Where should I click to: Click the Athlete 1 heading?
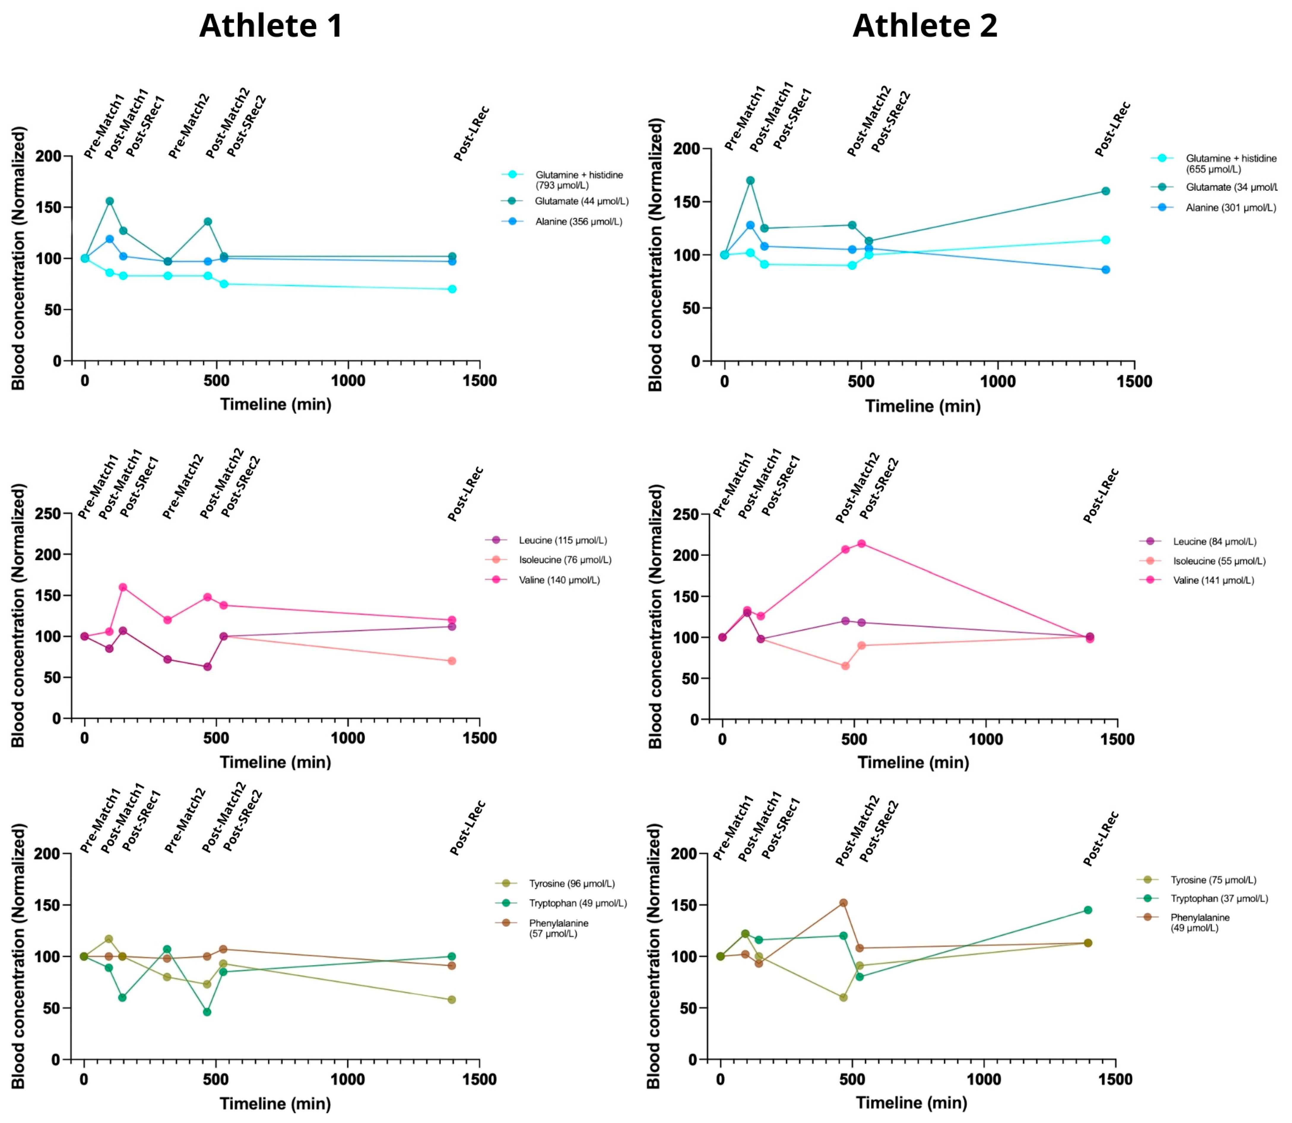pos(271,26)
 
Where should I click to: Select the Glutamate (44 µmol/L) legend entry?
pos(581,201)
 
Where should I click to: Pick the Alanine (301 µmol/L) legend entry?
pos(1230,207)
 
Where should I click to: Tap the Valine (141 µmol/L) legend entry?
pos(1213,580)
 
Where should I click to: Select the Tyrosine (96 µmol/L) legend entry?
pos(571,884)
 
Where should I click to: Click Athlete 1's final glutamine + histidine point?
pos(452,289)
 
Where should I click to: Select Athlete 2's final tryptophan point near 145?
pos(1088,910)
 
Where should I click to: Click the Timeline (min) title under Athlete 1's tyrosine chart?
pos(275,1104)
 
